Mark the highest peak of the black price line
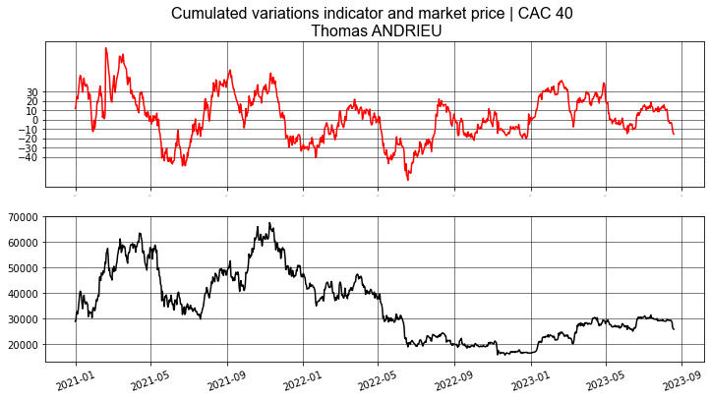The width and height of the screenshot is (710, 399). click(x=270, y=223)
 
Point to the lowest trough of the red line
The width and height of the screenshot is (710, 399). click(x=408, y=179)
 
